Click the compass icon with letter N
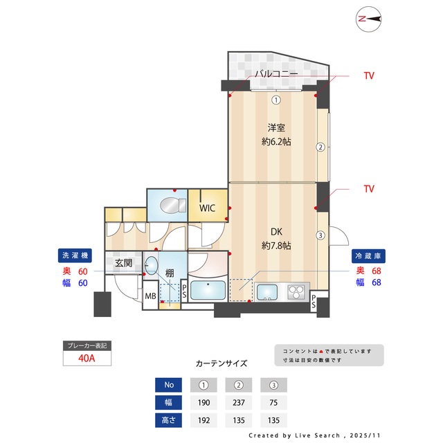(370, 20)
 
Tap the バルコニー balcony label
(275, 73)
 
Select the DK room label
(276, 233)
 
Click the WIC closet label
(207, 208)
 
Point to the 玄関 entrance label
(124, 263)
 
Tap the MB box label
(150, 296)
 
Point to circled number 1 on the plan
(275, 99)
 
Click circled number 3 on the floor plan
(320, 235)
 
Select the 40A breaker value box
(87, 359)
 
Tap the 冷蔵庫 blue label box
(368, 254)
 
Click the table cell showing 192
(203, 419)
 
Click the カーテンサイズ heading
(221, 363)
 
